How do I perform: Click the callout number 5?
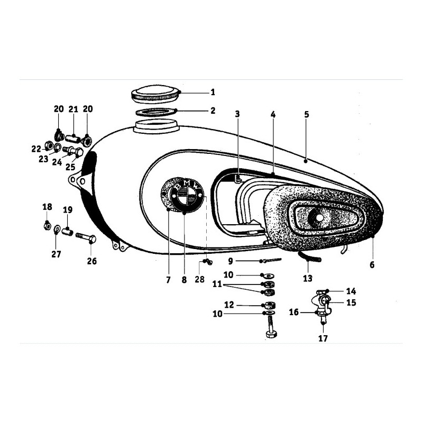tap(306, 114)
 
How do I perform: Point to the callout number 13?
tap(308, 278)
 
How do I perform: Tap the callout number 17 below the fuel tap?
tap(323, 338)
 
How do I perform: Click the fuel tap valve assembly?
tap(321, 306)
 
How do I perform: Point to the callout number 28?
tap(200, 279)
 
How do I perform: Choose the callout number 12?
tap(229, 305)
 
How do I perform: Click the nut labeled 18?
tap(48, 225)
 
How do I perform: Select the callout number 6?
tap(372, 265)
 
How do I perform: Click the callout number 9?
tap(231, 261)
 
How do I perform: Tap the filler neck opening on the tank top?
tap(156, 126)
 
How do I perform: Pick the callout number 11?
tap(217, 284)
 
